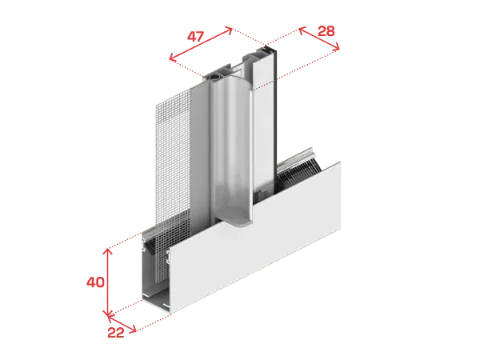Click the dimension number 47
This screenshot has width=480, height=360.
[x=195, y=37]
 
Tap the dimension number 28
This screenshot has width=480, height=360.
[x=326, y=31]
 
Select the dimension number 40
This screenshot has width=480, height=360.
[x=95, y=282]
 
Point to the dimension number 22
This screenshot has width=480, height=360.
[x=116, y=333]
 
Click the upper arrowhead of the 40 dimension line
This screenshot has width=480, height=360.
[x=107, y=251]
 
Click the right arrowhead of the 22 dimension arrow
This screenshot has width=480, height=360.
[x=133, y=330]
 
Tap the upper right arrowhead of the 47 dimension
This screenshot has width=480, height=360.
[x=228, y=30]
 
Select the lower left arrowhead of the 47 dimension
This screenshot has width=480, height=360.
[x=173, y=57]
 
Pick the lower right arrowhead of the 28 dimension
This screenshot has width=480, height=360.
[x=336, y=47]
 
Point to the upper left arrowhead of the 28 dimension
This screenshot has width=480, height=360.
[x=302, y=30]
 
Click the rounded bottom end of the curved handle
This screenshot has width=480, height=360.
[x=240, y=223]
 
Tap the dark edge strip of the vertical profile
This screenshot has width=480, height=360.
[x=276, y=122]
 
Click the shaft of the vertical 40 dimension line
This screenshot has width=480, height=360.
[x=107, y=282]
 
